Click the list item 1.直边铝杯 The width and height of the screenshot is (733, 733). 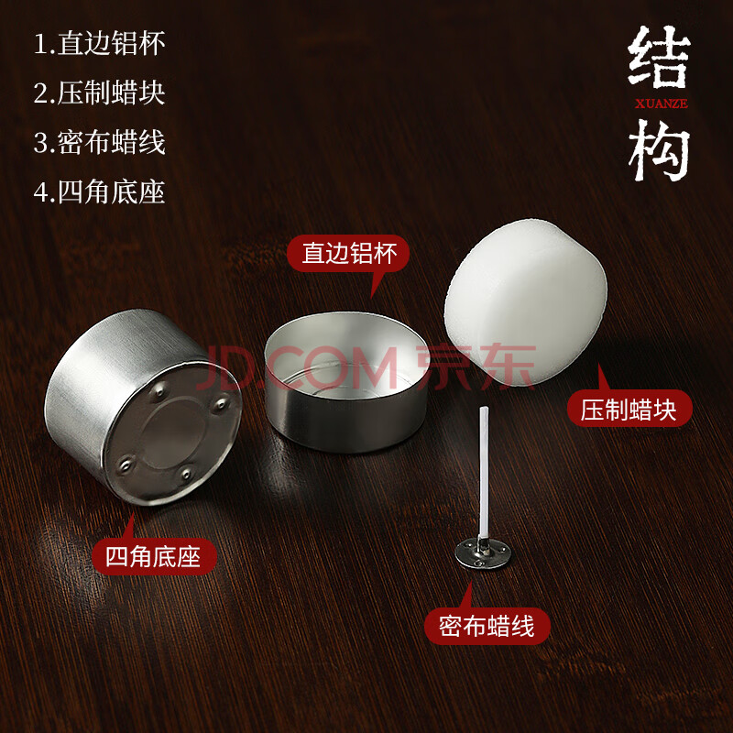(100, 43)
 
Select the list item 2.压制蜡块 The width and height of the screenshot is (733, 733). (100, 93)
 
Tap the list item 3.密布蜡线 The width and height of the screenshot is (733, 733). (100, 142)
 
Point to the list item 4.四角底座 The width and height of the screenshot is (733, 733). (100, 191)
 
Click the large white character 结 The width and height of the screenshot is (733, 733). (659, 57)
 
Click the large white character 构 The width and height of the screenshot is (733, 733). (659, 149)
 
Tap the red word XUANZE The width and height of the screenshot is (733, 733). (661, 104)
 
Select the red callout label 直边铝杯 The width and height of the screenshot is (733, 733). (349, 253)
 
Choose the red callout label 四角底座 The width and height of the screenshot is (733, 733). (154, 557)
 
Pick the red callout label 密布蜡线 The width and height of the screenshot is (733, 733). (487, 627)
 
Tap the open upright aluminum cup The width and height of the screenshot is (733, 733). (346, 381)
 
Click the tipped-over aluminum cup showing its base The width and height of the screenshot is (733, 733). (143, 406)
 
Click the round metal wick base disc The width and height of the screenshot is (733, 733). (483, 553)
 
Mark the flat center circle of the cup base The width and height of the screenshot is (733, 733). (174, 433)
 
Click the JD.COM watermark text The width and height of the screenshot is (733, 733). (297, 368)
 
